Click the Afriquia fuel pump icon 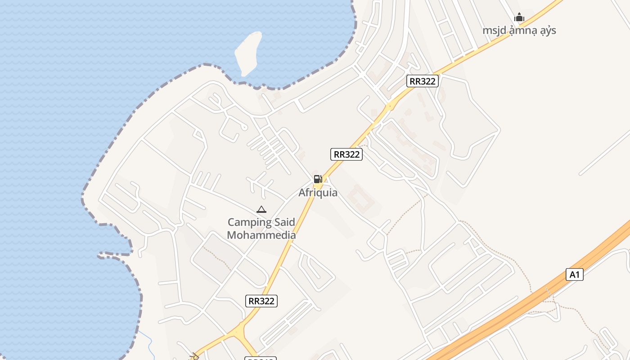tap(318, 179)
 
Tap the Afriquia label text tap(318, 193)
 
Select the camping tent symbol tap(261, 209)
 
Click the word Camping tap(248, 222)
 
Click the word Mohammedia tap(261, 235)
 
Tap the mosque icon tap(519, 18)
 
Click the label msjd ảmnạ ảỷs tap(519, 31)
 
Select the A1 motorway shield tap(574, 274)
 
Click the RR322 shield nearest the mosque tap(422, 81)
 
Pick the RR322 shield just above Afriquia tap(346, 154)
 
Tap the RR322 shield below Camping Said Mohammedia tap(261, 301)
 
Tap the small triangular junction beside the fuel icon tap(326, 180)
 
